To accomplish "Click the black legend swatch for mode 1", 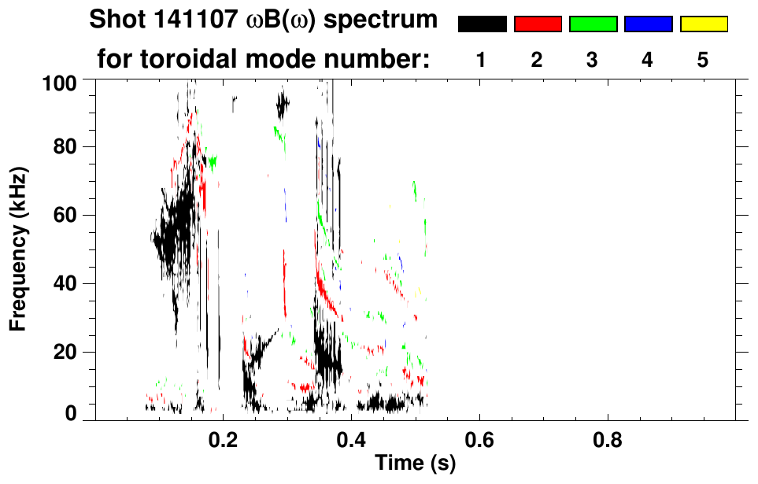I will pyautogui.click(x=482, y=24).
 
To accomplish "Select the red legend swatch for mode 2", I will pyautogui.click(x=538, y=24).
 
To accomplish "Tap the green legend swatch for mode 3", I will pyautogui.click(x=593, y=24).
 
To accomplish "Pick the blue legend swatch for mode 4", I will pyautogui.click(x=648, y=24).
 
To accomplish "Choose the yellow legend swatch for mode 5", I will pyautogui.click(x=703, y=24).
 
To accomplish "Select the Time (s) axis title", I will pyautogui.click(x=415, y=464).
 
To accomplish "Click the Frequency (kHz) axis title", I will pyautogui.click(x=18, y=249).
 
